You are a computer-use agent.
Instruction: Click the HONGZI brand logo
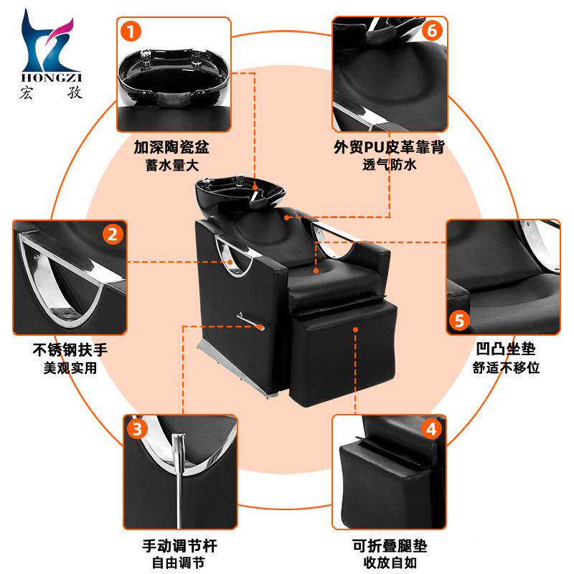50,55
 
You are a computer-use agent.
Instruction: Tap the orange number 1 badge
131,32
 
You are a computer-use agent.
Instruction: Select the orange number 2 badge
113,235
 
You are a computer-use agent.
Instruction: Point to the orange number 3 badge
137,429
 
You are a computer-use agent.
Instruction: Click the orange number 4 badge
432,429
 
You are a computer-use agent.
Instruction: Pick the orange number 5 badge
459,321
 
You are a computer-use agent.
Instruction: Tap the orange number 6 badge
433,31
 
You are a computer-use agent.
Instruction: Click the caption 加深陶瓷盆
171,147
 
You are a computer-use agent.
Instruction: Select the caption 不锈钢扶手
70,350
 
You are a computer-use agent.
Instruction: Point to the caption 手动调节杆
180,546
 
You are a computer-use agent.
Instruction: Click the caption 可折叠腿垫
390,546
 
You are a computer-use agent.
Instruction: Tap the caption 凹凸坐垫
506,349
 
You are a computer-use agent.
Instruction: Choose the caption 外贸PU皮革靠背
389,147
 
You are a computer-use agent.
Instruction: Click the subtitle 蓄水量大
172,165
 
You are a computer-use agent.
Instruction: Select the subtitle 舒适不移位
506,367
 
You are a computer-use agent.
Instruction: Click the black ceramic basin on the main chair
238,194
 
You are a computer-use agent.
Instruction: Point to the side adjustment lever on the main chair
250,321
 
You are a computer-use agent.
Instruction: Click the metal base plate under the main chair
238,370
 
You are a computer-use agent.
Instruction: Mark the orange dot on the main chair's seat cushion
316,271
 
